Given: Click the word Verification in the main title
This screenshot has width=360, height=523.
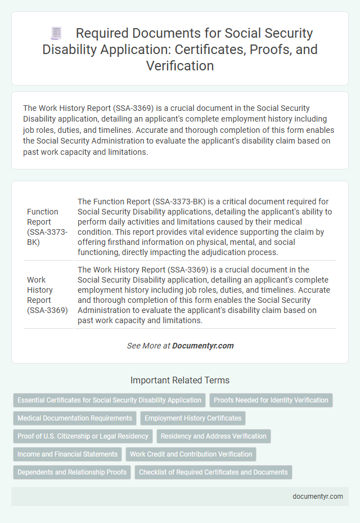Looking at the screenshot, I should (x=180, y=66).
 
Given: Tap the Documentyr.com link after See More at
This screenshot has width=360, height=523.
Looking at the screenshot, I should (x=203, y=346).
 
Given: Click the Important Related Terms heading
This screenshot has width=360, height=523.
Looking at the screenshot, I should (x=180, y=380).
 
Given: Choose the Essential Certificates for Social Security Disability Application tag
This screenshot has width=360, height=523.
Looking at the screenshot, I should (x=109, y=400).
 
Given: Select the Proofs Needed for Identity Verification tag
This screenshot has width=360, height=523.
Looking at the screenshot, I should (x=271, y=400).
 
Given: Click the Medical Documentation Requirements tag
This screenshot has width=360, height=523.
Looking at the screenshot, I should (x=75, y=418).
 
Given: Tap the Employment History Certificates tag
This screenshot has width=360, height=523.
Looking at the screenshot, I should (x=193, y=418).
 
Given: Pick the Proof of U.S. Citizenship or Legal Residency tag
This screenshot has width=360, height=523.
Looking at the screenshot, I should (x=83, y=436).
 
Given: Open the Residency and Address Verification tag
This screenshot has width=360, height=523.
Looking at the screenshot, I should (x=213, y=436).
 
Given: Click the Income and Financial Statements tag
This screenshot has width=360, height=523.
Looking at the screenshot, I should (x=67, y=454).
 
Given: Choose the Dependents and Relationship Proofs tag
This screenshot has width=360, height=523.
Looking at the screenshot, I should (x=71, y=472).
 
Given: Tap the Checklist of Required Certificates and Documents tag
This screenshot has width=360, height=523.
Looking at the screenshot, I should (x=213, y=472).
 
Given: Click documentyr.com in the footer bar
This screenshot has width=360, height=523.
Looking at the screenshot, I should (x=317, y=497).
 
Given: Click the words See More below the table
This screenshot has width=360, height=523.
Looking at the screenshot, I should (x=144, y=346).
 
